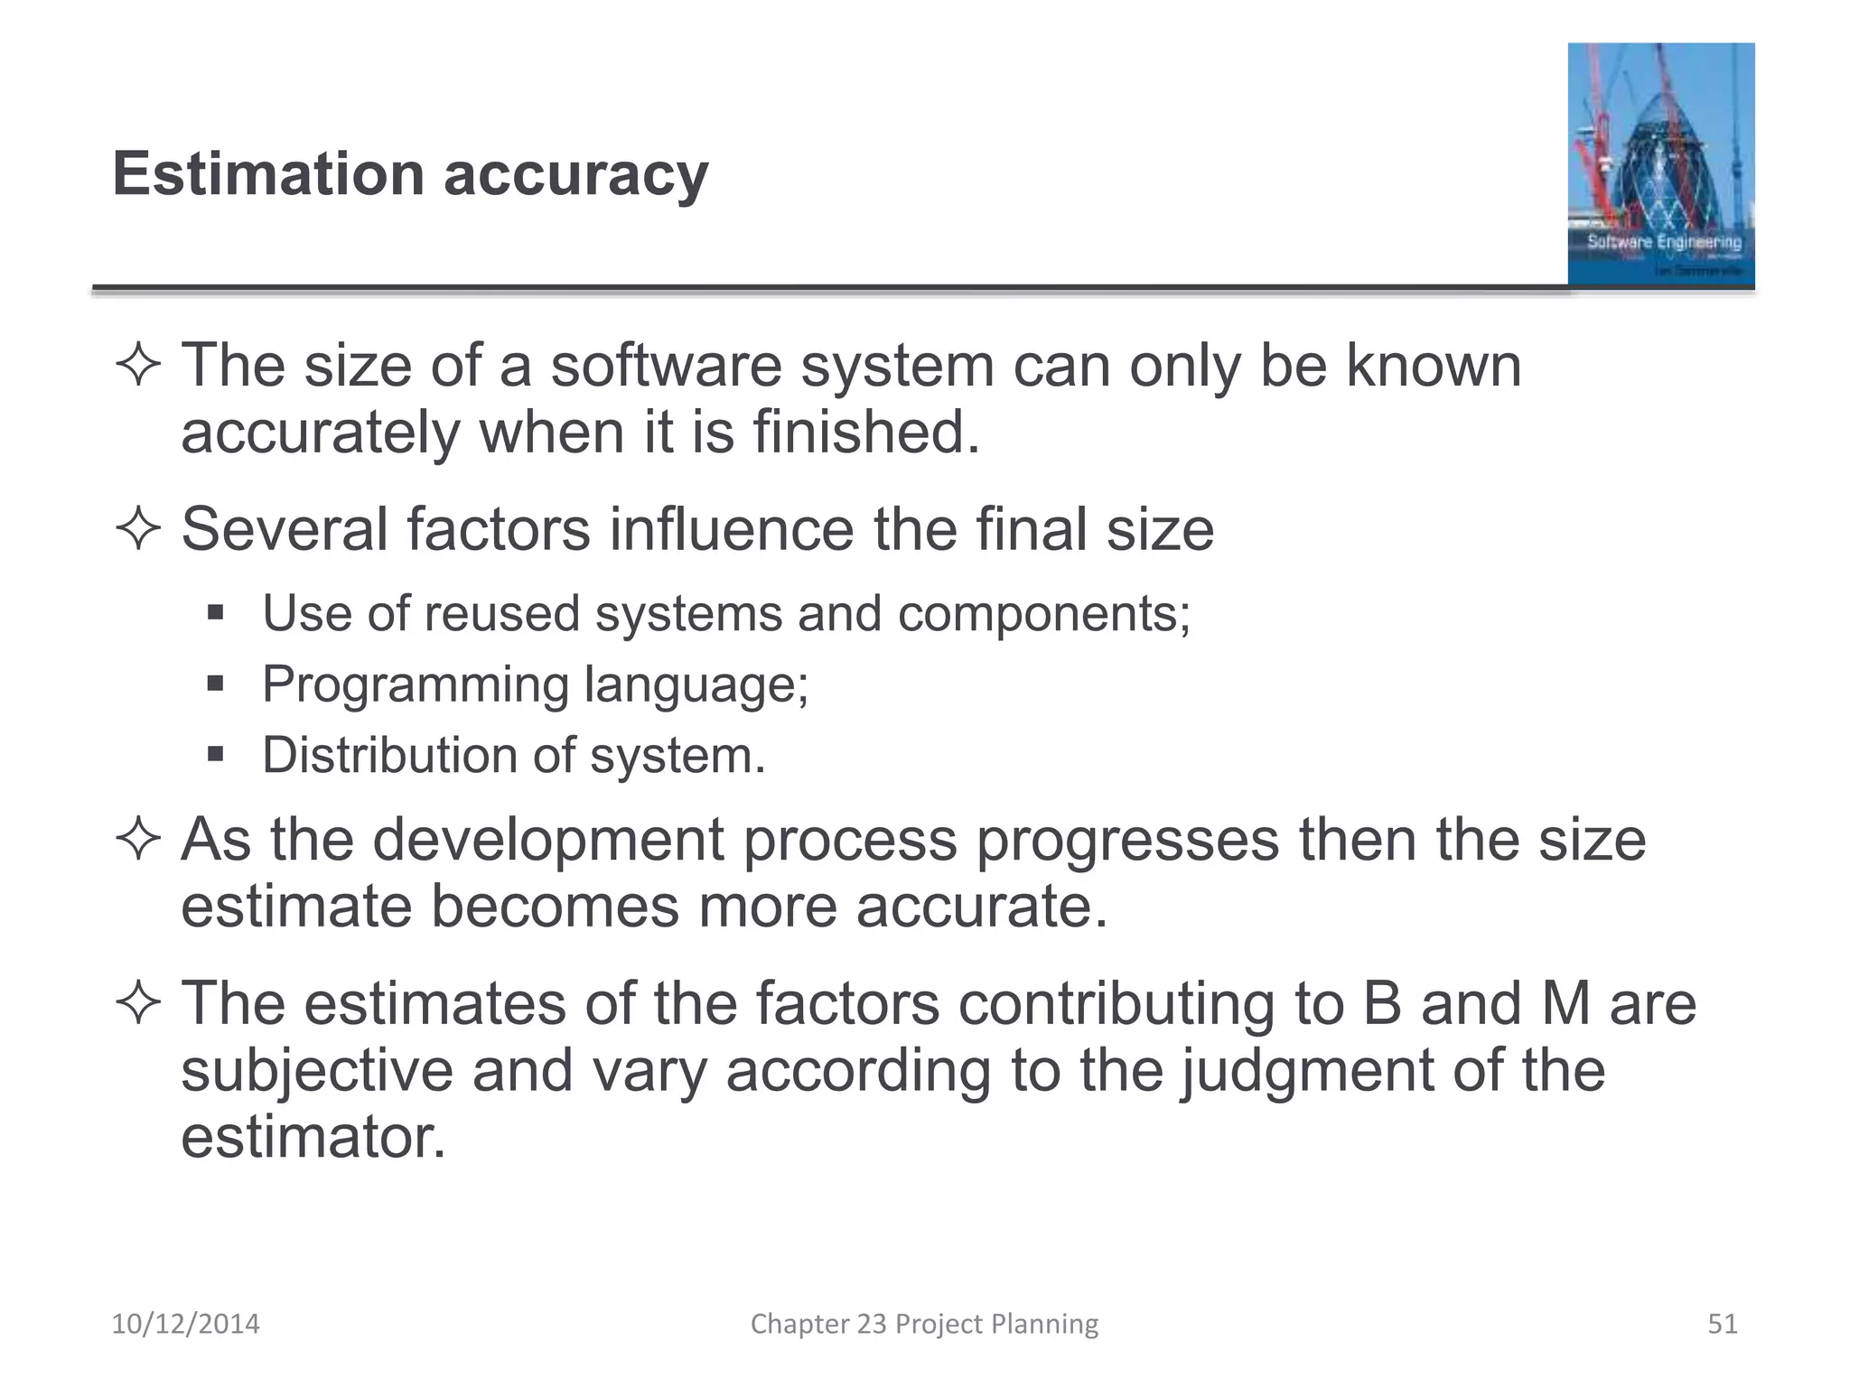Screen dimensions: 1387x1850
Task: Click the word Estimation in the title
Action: coord(267,173)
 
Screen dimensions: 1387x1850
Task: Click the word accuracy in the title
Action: coord(575,177)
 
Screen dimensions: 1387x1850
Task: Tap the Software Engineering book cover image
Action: coord(1660,164)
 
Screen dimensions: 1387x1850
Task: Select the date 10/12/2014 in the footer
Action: coord(185,1324)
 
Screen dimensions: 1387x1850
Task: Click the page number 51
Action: coord(1722,1324)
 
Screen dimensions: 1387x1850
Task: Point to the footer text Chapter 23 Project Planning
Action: coord(924,1324)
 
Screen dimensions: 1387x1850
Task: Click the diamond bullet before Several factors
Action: coord(138,528)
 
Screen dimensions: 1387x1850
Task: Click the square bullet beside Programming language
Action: coord(215,684)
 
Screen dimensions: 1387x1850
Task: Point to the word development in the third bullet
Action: coord(547,840)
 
